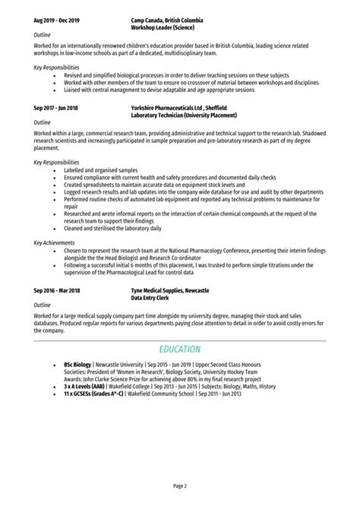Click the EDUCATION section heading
point(180,349)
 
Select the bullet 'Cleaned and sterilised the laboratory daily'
point(112,227)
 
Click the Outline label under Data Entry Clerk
point(43,305)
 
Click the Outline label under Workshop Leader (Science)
point(43,35)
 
